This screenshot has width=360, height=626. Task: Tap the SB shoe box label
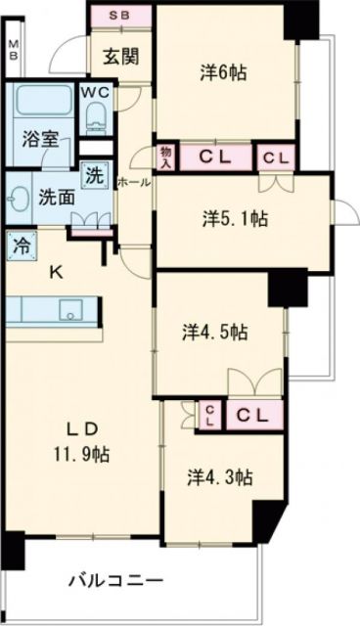(x=120, y=16)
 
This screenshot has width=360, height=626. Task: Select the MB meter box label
(x=13, y=50)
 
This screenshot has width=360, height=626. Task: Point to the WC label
(x=95, y=93)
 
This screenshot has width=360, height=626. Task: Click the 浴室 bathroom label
(x=39, y=138)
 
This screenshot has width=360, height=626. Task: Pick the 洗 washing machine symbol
(x=93, y=176)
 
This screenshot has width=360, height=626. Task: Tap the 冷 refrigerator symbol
(x=20, y=246)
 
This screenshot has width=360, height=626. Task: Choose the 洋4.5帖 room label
(x=214, y=332)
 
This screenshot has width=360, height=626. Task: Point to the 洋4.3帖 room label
(x=221, y=477)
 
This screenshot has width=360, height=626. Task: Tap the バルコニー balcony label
(x=115, y=582)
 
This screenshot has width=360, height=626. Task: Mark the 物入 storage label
(x=165, y=156)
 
